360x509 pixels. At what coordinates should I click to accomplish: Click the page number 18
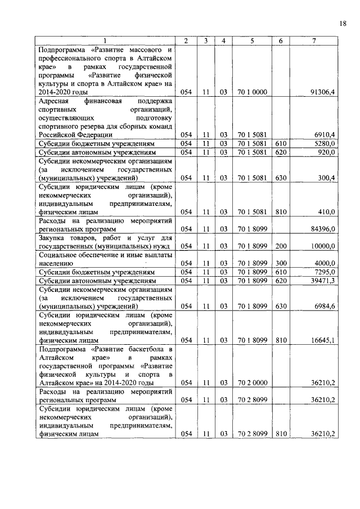pyautogui.click(x=343, y=23)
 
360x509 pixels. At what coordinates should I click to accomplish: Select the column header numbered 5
pyautogui.click(x=252, y=40)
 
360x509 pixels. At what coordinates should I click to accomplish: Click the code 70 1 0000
pyautogui.click(x=252, y=92)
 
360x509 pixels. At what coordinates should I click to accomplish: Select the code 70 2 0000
pyautogui.click(x=252, y=382)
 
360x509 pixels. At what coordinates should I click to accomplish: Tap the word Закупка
pyautogui.click(x=52, y=237)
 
